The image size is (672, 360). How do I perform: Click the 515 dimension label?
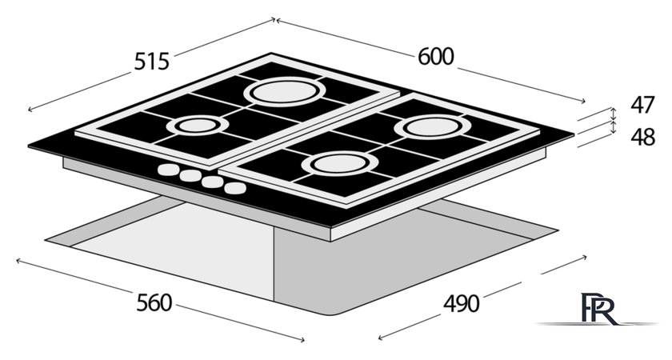(152, 62)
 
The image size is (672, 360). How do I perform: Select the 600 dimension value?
(435, 57)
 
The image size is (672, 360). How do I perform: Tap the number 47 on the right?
(642, 105)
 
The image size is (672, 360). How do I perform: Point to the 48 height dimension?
(642, 137)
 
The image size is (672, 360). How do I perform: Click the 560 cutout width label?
(154, 303)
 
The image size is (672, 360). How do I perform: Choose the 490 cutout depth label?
(461, 304)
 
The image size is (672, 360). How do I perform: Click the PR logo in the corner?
(598, 309)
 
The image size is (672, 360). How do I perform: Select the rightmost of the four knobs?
(235, 188)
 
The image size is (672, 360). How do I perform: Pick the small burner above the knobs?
(198, 126)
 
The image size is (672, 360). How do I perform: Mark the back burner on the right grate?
(433, 127)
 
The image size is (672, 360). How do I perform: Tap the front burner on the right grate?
(341, 164)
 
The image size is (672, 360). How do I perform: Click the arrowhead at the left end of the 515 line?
(29, 110)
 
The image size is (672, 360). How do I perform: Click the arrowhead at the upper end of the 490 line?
(585, 257)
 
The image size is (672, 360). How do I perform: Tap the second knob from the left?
(190, 176)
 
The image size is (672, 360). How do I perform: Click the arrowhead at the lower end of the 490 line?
(380, 338)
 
